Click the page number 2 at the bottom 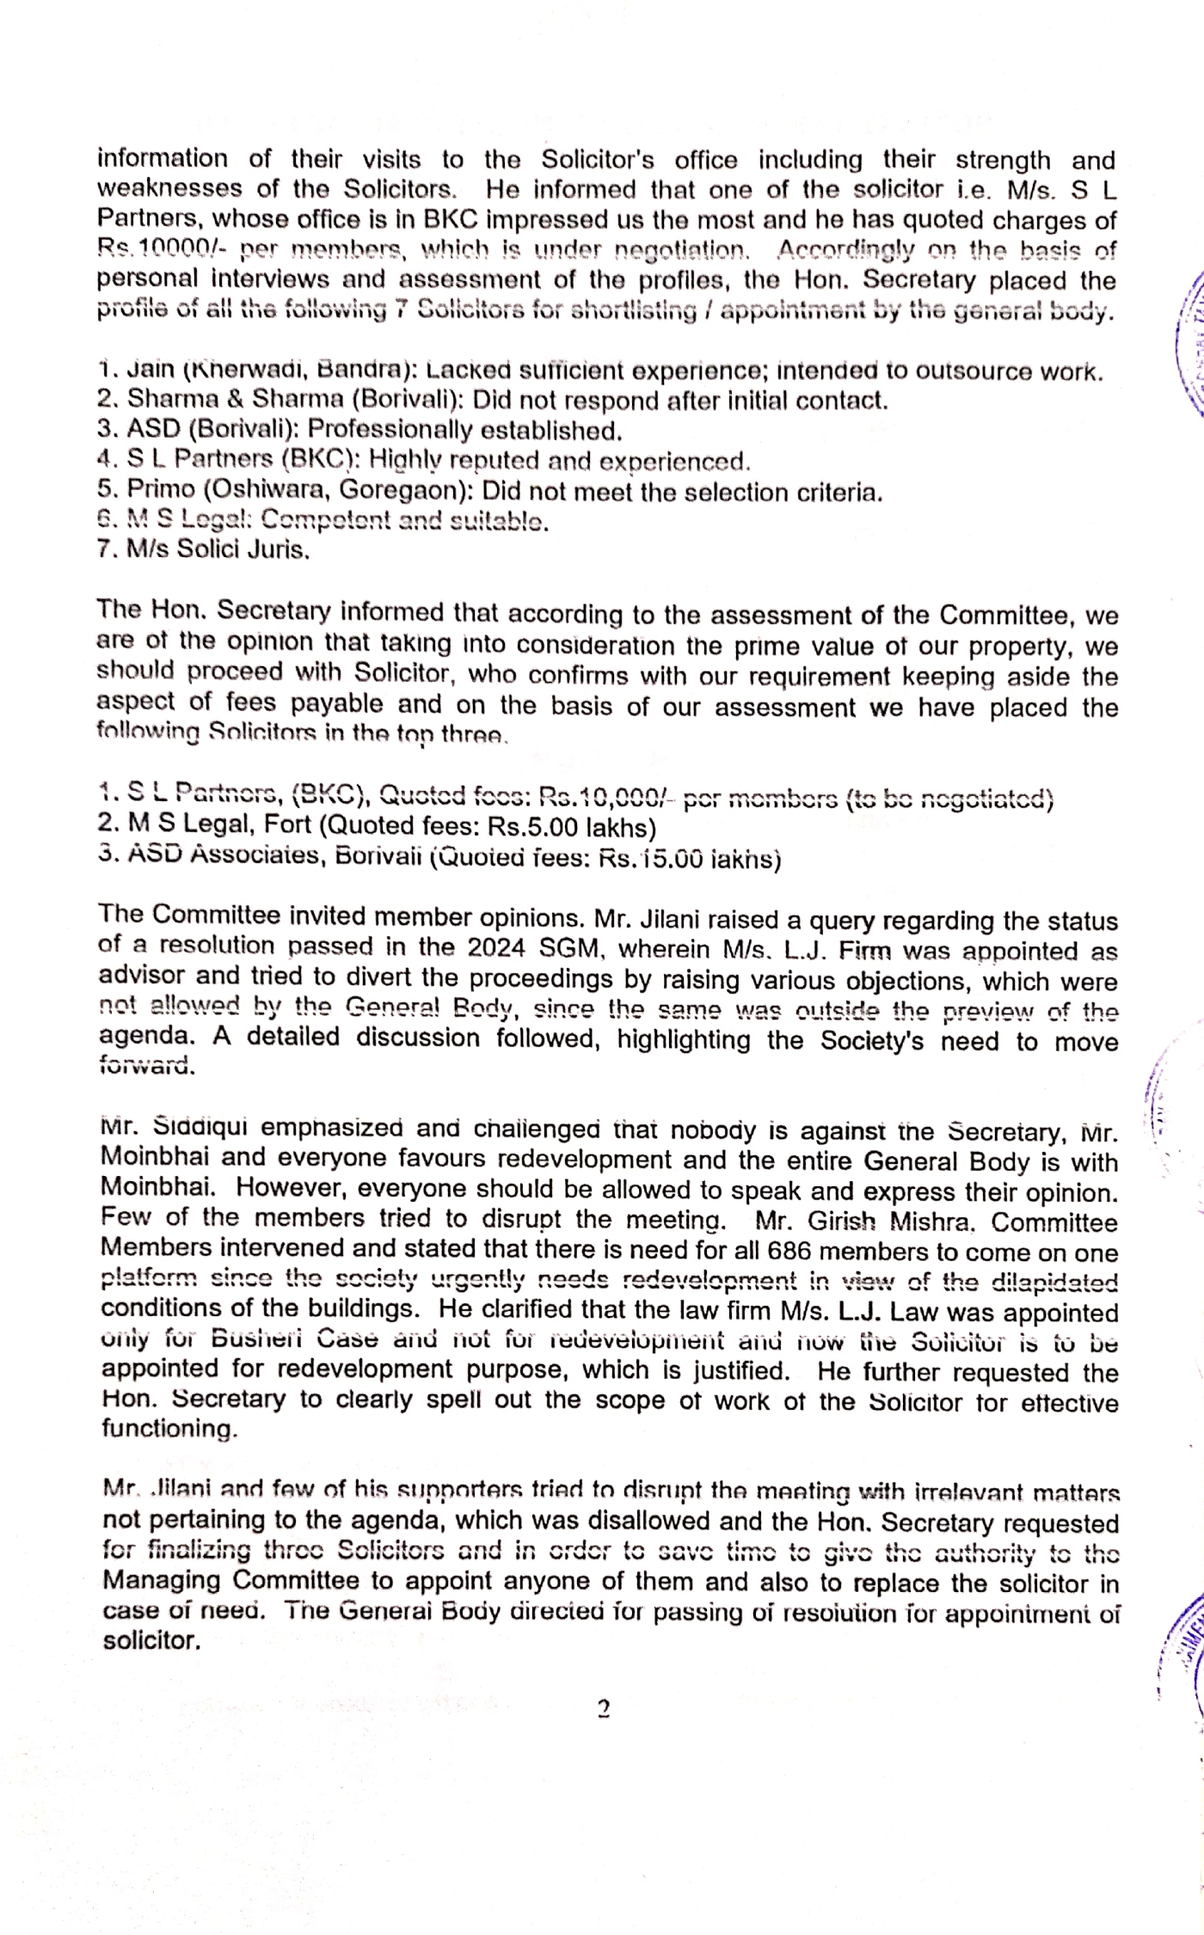pyautogui.click(x=604, y=1709)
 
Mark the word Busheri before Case pyautogui.click(x=257, y=1339)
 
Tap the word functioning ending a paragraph pyautogui.click(x=168, y=1429)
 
